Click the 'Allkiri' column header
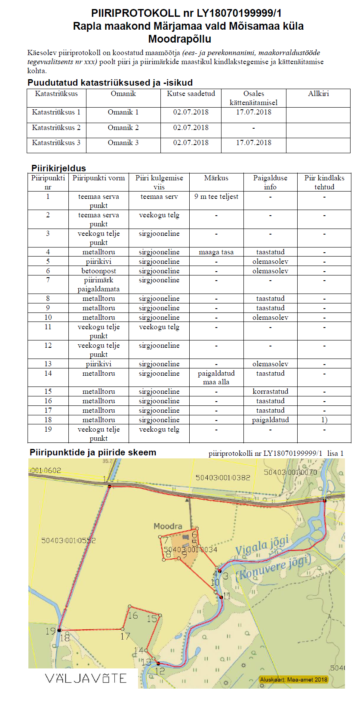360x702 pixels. [x=318, y=94]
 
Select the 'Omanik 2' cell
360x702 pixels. [x=123, y=128]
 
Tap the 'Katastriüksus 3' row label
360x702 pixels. [x=56, y=143]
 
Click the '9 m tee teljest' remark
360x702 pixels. [x=216, y=197]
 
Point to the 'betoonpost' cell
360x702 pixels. [x=98, y=271]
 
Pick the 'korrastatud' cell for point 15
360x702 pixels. [x=270, y=392]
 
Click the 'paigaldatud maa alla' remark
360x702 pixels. [x=216, y=377]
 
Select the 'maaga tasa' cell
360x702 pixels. [x=216, y=252]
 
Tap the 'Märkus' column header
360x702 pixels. [x=216, y=178]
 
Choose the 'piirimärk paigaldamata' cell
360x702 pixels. [x=98, y=285]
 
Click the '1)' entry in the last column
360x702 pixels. [x=324, y=420]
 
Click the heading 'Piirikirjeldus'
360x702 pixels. [x=58, y=168]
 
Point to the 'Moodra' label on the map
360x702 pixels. [x=168, y=526]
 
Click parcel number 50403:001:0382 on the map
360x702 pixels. [x=223, y=478]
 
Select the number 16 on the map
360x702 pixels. [x=133, y=616]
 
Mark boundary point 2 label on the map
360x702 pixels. [x=329, y=495]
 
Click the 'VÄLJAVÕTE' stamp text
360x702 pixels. [x=86, y=679]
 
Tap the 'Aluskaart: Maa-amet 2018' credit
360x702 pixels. [x=293, y=680]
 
